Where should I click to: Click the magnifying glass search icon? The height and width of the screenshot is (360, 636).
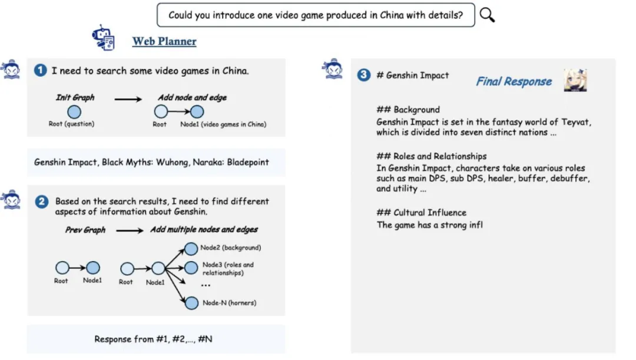(x=487, y=15)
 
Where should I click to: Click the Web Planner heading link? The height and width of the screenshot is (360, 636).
(x=164, y=41)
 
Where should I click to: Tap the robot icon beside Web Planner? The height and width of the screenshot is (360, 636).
(x=104, y=38)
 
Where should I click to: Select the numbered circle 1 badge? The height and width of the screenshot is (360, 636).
(x=40, y=70)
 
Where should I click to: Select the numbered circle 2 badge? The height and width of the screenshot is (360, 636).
(x=42, y=202)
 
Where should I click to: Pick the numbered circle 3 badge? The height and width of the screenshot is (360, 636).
(x=363, y=75)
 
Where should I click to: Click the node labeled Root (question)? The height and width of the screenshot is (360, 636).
(x=74, y=111)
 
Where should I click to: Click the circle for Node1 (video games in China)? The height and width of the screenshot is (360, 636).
(x=197, y=111)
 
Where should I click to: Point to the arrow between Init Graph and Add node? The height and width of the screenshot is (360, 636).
(x=128, y=99)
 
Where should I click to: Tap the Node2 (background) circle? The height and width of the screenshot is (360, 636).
(x=191, y=249)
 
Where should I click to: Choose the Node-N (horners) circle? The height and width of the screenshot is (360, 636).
(x=191, y=303)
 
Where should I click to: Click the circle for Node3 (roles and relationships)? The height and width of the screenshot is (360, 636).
(x=191, y=268)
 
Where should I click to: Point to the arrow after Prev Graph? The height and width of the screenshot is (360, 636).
(x=130, y=230)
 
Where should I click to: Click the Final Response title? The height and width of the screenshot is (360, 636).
(x=514, y=81)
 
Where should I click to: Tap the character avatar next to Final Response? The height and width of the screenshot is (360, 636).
(x=575, y=80)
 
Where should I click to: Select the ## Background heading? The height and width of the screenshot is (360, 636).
(x=408, y=110)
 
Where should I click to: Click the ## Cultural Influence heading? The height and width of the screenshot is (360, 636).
(x=421, y=213)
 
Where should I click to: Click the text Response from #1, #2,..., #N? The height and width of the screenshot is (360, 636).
(x=153, y=339)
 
